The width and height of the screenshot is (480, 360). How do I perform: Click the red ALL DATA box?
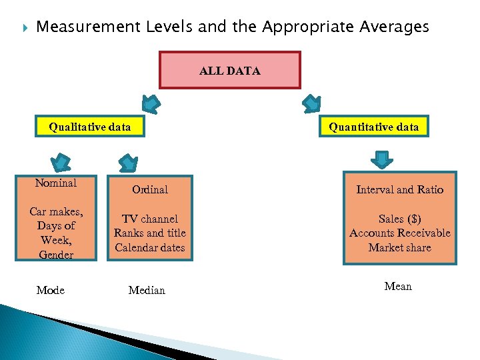[229, 70]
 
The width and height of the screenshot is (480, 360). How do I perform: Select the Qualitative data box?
[90, 126]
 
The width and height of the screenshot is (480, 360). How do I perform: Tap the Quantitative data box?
[373, 127]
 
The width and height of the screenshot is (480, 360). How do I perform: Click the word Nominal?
[56, 183]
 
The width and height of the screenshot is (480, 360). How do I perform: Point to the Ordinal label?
[150, 189]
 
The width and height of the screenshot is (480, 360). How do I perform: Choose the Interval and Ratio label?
[399, 189]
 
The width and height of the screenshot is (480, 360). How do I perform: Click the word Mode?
[51, 290]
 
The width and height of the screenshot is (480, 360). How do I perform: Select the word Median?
[147, 290]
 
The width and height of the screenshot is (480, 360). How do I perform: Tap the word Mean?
[398, 286]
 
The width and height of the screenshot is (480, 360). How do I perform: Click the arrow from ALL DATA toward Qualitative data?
[151, 103]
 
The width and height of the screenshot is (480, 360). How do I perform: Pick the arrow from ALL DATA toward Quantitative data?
[311, 103]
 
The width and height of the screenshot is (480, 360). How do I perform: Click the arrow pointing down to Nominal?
[61, 162]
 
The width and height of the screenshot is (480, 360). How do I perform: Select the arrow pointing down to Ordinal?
[127, 162]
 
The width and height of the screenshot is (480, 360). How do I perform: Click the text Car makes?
[56, 211]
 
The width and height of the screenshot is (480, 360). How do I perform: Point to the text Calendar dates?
[150, 247]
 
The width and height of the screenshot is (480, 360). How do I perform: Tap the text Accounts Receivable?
[399, 233]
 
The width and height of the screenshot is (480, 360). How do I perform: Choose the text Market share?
[399, 247]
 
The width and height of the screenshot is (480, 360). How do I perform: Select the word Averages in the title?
[393, 27]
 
